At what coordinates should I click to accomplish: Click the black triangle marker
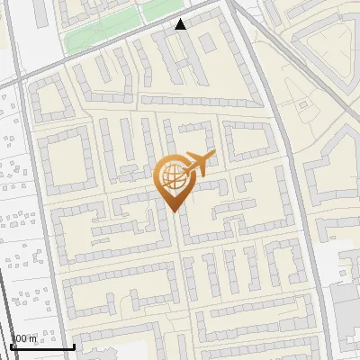(181, 24)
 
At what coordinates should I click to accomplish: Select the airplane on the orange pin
(199, 166)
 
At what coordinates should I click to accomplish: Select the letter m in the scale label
(33, 339)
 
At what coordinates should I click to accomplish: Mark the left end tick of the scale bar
(11, 345)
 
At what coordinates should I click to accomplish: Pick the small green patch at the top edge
(162, 8)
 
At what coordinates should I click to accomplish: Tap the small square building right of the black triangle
(208, 41)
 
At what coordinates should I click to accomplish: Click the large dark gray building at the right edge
(346, 306)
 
